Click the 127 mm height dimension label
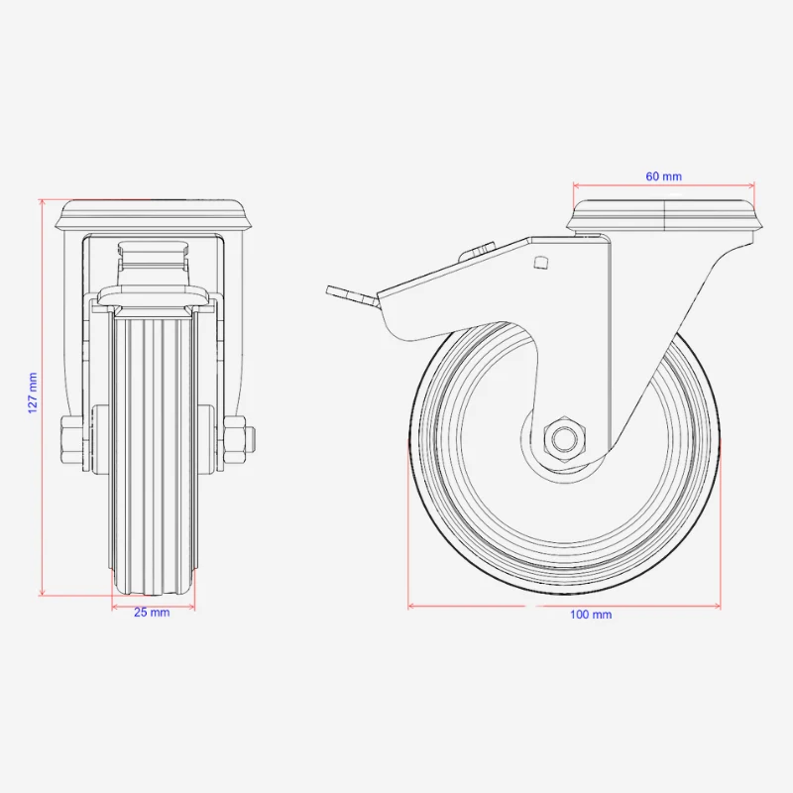(x=33, y=393)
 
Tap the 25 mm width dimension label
(x=152, y=613)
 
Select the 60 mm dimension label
(x=663, y=176)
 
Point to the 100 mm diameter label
(x=591, y=615)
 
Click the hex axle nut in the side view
(x=564, y=438)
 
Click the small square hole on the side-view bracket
(x=541, y=262)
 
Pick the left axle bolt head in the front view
(x=71, y=439)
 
